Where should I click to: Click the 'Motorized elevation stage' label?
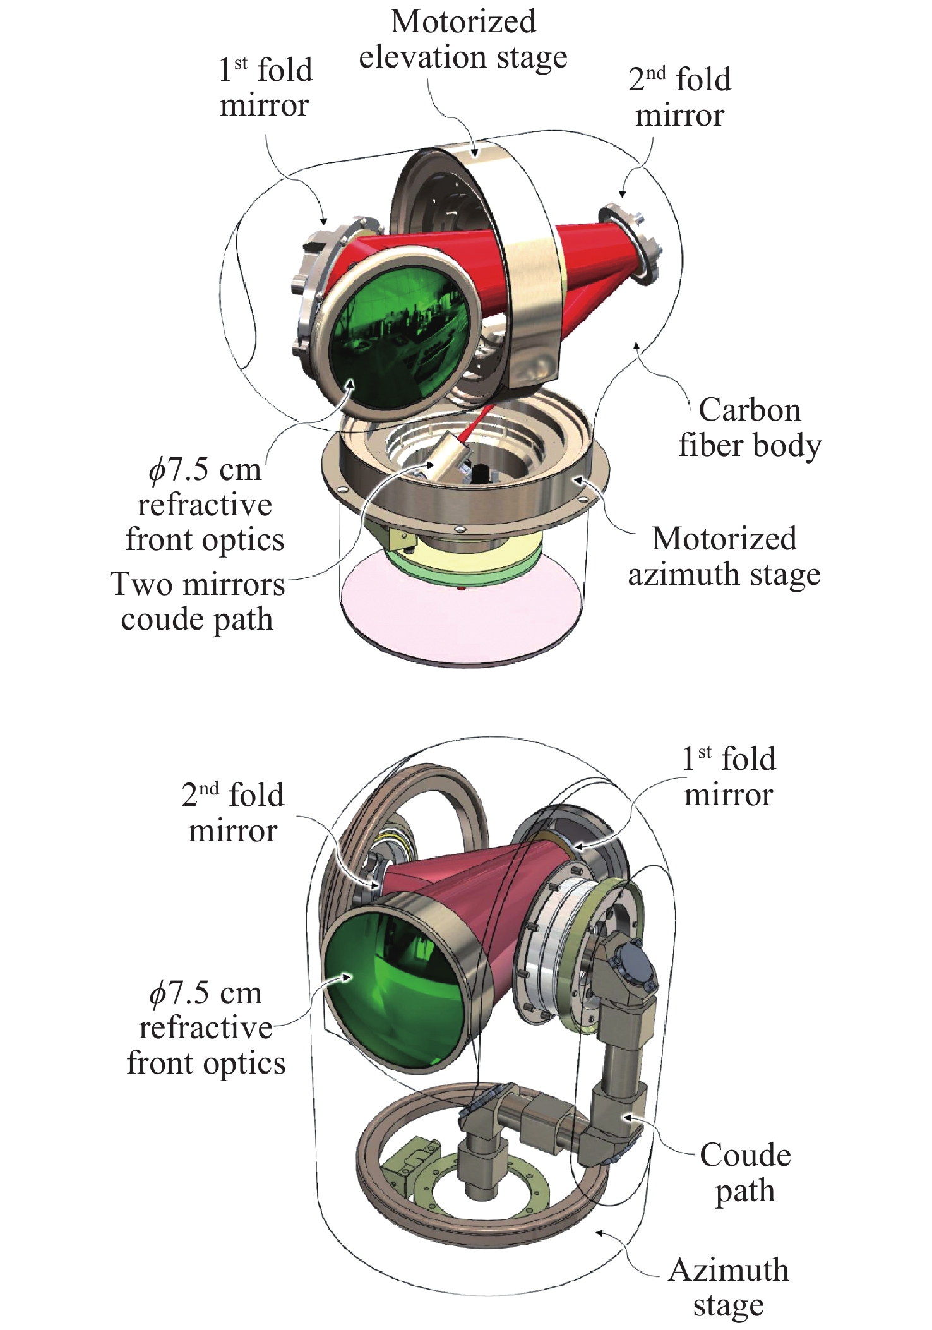click(463, 39)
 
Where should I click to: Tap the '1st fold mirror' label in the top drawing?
click(265, 88)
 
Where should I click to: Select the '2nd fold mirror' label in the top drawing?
click(679, 97)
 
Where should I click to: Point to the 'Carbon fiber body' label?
click(750, 428)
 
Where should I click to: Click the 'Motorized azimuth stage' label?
click(724, 556)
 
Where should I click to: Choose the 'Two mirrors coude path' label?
click(198, 601)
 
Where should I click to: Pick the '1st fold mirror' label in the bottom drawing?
click(729, 777)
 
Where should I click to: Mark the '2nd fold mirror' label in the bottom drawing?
click(232, 813)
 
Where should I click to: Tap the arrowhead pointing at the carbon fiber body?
click(638, 345)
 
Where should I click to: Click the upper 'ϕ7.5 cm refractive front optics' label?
click(205, 505)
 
